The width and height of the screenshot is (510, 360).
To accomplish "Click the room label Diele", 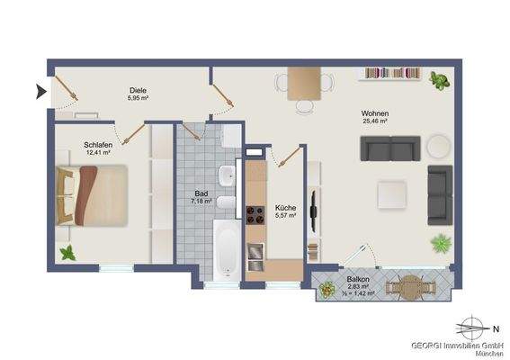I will point(138,89).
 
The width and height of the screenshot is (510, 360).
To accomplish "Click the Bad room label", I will point(201,193).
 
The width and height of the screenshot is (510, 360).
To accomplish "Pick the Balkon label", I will point(360,280).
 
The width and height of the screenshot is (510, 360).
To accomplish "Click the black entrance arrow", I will point(40,89).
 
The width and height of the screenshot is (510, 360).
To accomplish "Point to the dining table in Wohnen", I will point(305,85).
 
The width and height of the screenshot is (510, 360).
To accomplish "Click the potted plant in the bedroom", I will point(67,254).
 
